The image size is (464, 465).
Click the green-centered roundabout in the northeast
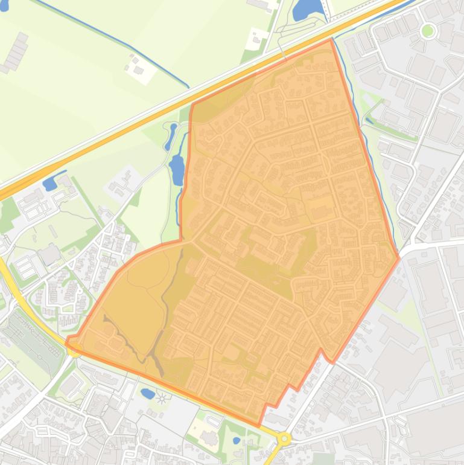point(428,30)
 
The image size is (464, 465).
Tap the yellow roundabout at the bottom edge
point(283,438)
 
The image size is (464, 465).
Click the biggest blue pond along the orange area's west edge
point(176,169)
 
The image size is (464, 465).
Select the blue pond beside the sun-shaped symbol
point(147,393)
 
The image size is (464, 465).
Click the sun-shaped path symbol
point(162,398)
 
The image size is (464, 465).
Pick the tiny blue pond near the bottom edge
point(237,440)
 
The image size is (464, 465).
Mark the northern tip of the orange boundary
point(331,40)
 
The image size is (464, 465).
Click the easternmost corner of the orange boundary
point(399,258)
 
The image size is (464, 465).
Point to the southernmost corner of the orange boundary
point(261,425)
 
